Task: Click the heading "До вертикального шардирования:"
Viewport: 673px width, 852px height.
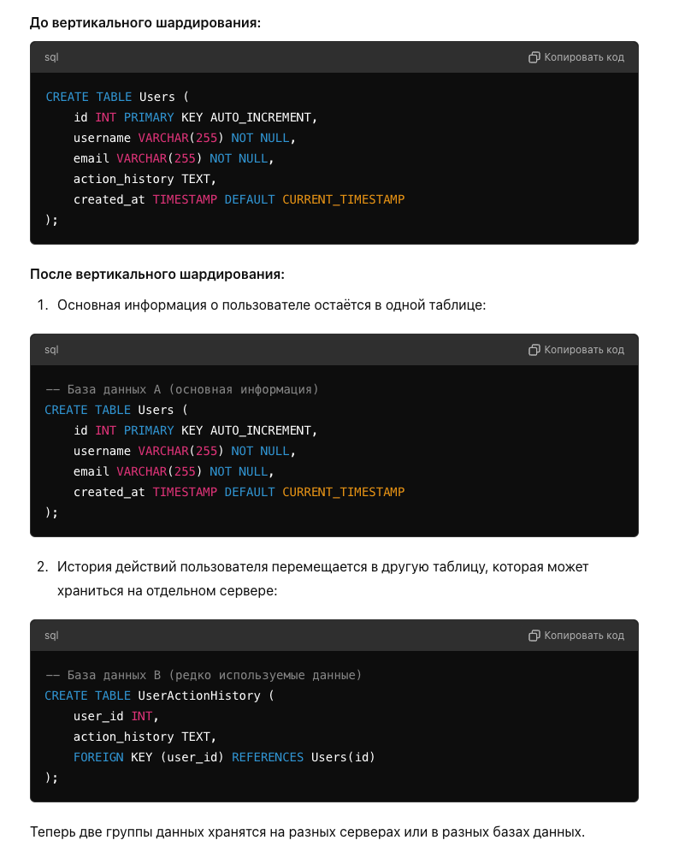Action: coord(145,23)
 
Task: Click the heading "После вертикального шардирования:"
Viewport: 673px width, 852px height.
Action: coord(157,274)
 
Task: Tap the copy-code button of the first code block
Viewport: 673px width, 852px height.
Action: coord(576,57)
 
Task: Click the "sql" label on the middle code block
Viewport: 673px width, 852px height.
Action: coord(51,350)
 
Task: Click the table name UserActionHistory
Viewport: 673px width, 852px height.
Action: coord(199,695)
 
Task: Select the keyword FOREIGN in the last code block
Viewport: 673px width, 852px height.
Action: coord(98,757)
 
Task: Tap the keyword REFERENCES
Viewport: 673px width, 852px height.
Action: coord(268,757)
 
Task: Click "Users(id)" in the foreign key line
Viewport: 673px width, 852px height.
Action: coord(343,757)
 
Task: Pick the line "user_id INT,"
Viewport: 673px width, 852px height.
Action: coord(116,717)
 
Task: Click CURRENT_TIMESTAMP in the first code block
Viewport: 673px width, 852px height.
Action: coord(343,200)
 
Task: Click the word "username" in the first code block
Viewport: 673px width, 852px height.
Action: coord(102,138)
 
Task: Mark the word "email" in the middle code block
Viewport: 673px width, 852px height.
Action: coord(92,471)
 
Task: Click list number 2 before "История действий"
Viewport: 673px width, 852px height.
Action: coord(43,567)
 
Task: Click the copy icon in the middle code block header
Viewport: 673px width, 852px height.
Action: coord(534,350)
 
